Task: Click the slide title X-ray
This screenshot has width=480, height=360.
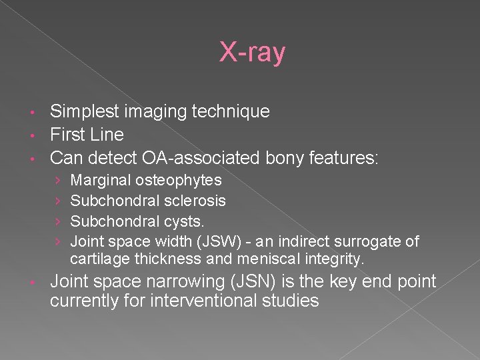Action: pos(253,53)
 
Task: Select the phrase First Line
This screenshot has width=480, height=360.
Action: pos(87,135)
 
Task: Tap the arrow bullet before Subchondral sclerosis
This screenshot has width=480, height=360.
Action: pos(59,201)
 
